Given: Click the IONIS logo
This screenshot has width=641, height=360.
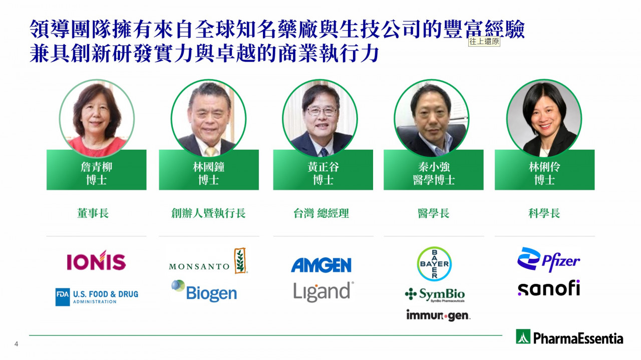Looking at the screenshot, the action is (x=96, y=260).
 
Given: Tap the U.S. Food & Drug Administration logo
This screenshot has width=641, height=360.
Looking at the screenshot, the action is (x=97, y=297).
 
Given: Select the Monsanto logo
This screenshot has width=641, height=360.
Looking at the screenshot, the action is (x=208, y=261).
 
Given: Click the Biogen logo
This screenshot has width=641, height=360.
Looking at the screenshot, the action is (x=204, y=291).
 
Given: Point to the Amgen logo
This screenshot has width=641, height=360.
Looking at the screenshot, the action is (x=321, y=265).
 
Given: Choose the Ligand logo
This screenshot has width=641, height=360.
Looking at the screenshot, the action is (x=324, y=291).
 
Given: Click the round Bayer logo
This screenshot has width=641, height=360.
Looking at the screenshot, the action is (x=434, y=263).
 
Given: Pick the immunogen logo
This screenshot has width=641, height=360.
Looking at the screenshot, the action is (x=438, y=315).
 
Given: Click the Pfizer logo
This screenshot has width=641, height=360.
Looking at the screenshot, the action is (x=548, y=259).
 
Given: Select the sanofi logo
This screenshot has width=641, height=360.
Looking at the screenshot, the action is (x=549, y=288).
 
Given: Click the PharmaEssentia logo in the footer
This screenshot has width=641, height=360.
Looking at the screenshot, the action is (x=569, y=337).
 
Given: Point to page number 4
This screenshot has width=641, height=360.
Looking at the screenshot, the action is (x=17, y=344).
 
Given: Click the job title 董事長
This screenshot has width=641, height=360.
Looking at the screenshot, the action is (x=93, y=213).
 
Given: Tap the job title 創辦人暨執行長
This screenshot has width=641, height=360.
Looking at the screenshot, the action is (x=208, y=213).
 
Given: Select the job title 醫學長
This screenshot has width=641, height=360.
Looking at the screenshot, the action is (x=434, y=213).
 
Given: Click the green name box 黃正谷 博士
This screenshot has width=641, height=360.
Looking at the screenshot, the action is (x=323, y=170).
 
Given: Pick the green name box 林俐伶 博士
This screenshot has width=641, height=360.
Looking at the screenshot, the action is (x=544, y=170).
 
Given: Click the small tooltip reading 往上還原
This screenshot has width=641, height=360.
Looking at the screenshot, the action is (x=484, y=42).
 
